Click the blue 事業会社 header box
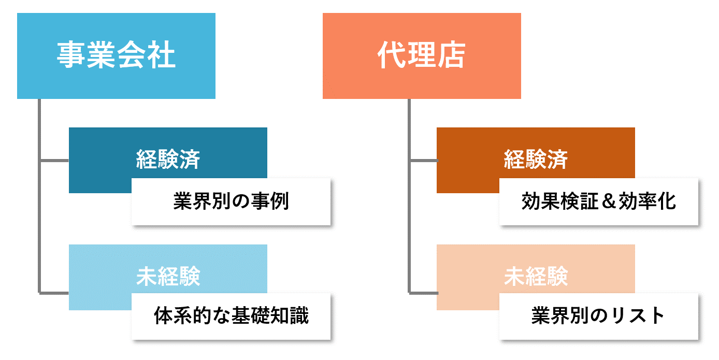pos(116,56)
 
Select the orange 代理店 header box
pos(422,56)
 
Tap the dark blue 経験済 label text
pos(168,159)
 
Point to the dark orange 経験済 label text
pos(536,159)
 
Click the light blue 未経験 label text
pos(168,276)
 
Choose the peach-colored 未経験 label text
pos(536,276)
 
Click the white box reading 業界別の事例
pos(231,202)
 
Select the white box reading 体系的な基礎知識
pos(231,316)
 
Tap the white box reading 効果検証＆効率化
pos(599,202)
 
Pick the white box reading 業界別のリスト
pos(599,316)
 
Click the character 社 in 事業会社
pos(161,55)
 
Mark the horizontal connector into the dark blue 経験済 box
pos(54,161)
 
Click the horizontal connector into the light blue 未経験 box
pos(54,293)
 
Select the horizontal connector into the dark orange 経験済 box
pos(424,161)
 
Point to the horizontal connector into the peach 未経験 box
pos(424,293)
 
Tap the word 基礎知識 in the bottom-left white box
pos(270,316)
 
